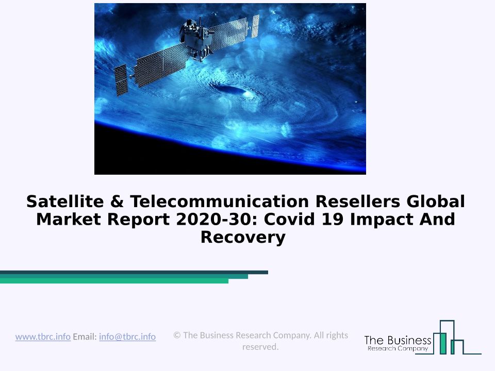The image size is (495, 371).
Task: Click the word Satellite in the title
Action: (65, 201)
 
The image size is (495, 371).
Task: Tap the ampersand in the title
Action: (117, 201)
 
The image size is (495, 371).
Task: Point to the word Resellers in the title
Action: (358, 201)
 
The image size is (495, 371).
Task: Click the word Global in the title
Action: (436, 201)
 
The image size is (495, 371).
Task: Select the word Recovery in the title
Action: (243, 238)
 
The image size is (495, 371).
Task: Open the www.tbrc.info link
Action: (43, 337)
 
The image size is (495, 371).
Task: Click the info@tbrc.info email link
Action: (127, 337)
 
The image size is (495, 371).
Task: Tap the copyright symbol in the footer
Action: (177, 335)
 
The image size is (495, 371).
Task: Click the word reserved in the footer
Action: (260, 347)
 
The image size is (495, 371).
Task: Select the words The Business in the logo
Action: (398, 341)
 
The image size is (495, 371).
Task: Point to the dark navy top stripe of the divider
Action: (134, 272)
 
